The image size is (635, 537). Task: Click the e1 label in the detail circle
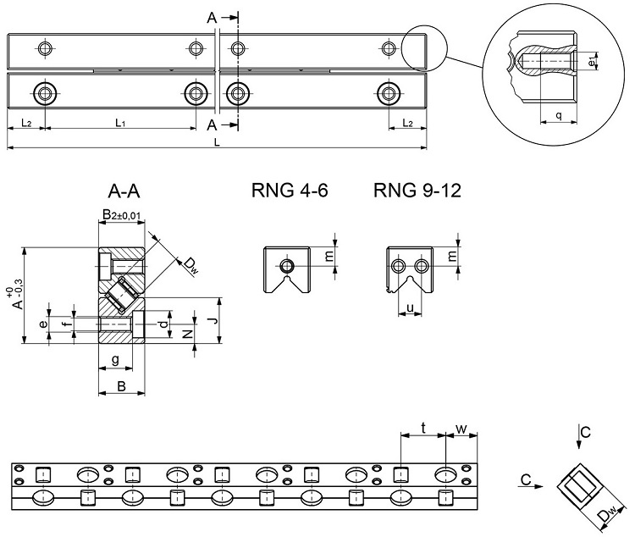[594, 61]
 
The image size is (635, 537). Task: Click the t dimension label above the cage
[422, 429]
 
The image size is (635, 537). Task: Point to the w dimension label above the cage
[461, 429]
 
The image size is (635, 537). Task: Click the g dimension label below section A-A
[115, 360]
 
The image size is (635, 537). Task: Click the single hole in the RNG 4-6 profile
[288, 266]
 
